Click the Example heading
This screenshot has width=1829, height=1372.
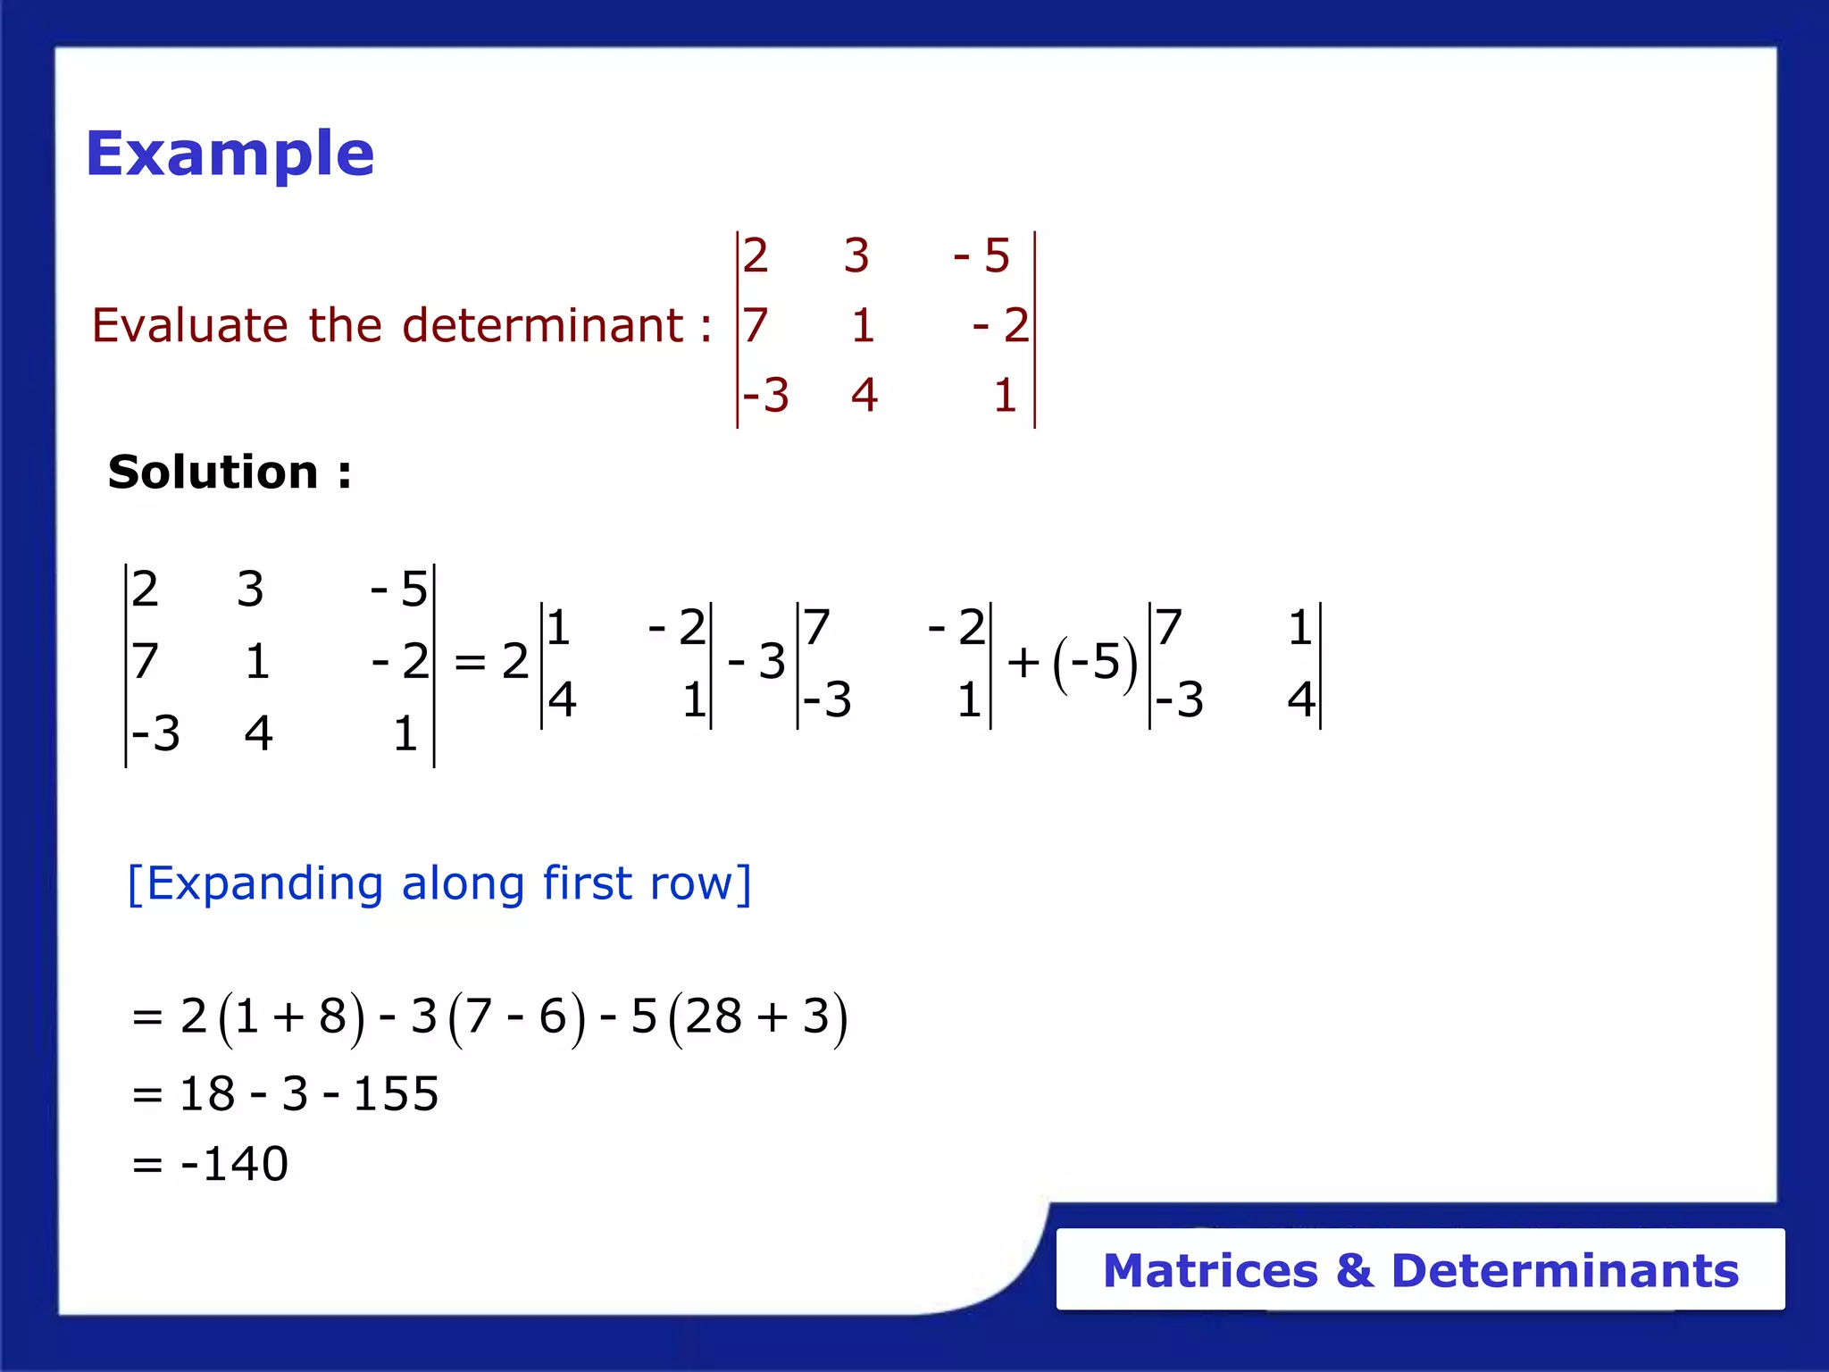[x=230, y=154]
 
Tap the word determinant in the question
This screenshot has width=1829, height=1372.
[x=543, y=325]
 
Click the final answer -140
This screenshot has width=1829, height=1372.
[x=235, y=1164]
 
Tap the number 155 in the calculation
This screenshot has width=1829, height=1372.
[x=396, y=1094]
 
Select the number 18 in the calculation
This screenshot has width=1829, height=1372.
[x=206, y=1094]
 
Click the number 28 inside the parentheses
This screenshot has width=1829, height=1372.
[x=714, y=1016]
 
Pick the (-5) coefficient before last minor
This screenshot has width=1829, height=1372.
[x=1095, y=663]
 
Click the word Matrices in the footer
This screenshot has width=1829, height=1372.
[x=1210, y=1271]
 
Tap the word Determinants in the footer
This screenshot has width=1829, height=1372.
[x=1565, y=1271]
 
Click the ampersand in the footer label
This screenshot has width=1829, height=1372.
[x=1354, y=1271]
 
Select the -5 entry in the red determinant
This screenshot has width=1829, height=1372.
[x=982, y=256]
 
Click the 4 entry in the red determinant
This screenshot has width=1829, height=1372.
[x=864, y=395]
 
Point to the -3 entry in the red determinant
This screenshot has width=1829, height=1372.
[x=766, y=395]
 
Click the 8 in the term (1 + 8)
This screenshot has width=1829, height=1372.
[x=332, y=1016]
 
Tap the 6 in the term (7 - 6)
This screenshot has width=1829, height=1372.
[x=553, y=1016]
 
